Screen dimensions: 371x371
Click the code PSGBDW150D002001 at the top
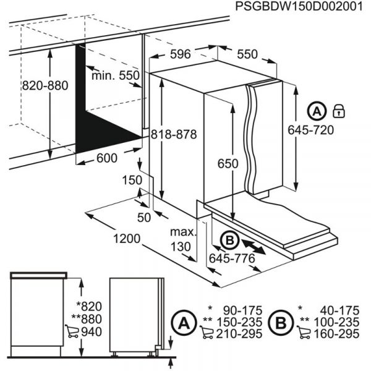tap(296, 7)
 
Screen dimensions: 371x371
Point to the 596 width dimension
tap(180, 54)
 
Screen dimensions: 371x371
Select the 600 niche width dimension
tap(106, 158)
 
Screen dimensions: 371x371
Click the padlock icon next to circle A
tap(338, 111)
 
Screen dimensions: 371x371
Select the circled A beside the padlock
tap(317, 111)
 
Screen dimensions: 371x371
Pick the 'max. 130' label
tap(183, 239)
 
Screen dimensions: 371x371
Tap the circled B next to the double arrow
tap(228, 239)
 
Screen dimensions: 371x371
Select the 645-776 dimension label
tap(232, 258)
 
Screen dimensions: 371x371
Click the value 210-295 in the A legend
tap(241, 334)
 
